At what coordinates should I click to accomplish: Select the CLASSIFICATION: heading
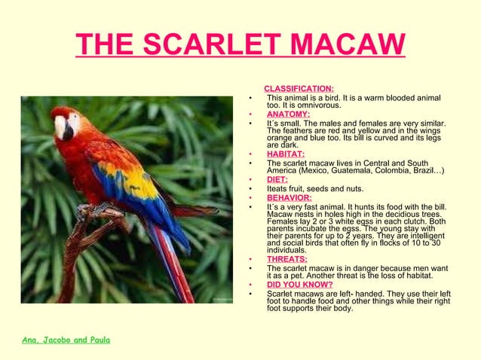tap(299, 89)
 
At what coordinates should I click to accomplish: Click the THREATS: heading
tap(287, 259)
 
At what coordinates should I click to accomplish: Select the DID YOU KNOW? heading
tap(300, 285)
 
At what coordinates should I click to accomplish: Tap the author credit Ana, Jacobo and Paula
tap(66, 340)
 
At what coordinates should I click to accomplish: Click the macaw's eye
tap(73, 119)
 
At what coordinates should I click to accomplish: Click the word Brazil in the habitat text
tap(426, 171)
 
